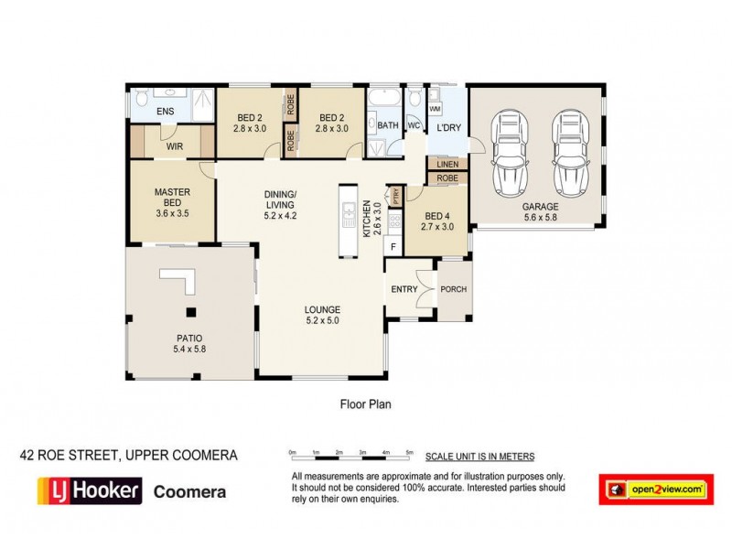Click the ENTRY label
pyautogui.click(x=404, y=290)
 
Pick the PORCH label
pyautogui.click(x=453, y=290)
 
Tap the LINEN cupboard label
pyautogui.click(x=447, y=165)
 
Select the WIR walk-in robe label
pyautogui.click(x=174, y=145)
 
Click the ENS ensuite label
pyautogui.click(x=165, y=112)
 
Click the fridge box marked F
pyautogui.click(x=393, y=246)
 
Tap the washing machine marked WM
pyautogui.click(x=435, y=109)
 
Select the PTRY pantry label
pyautogui.click(x=396, y=194)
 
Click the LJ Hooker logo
pyautogui.click(x=89, y=490)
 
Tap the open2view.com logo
pyautogui.click(x=655, y=490)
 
